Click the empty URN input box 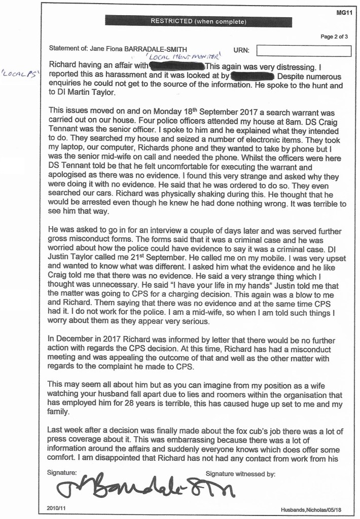304,50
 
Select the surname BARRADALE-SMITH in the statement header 159,50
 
